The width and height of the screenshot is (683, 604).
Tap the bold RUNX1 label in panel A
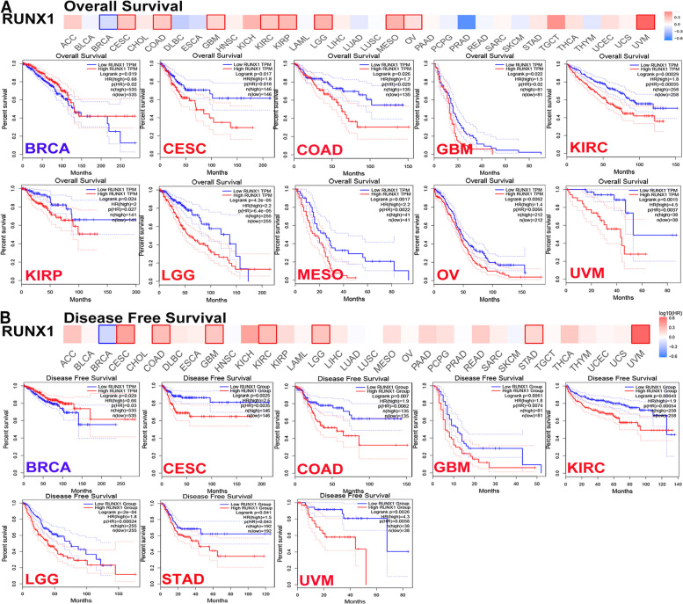[29, 21]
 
